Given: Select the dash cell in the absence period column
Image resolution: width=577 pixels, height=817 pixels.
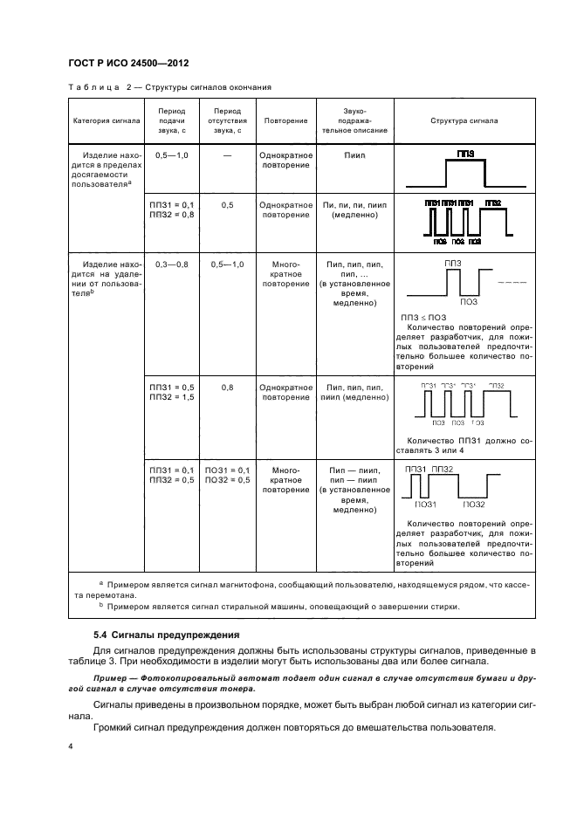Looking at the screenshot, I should pos(227,154).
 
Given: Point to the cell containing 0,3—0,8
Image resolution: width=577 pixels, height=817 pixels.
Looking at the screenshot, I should pos(171,263).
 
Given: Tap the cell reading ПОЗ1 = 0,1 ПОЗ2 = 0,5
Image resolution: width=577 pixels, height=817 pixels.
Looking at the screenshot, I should pos(227,475).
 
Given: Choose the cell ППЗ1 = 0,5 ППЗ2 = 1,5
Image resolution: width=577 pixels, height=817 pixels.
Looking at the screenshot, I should pos(172,391).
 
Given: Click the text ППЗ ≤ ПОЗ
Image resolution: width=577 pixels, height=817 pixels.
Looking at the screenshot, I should pos(422,317).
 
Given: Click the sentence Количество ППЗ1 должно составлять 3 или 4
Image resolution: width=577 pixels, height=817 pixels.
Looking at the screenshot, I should pos(469,445).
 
